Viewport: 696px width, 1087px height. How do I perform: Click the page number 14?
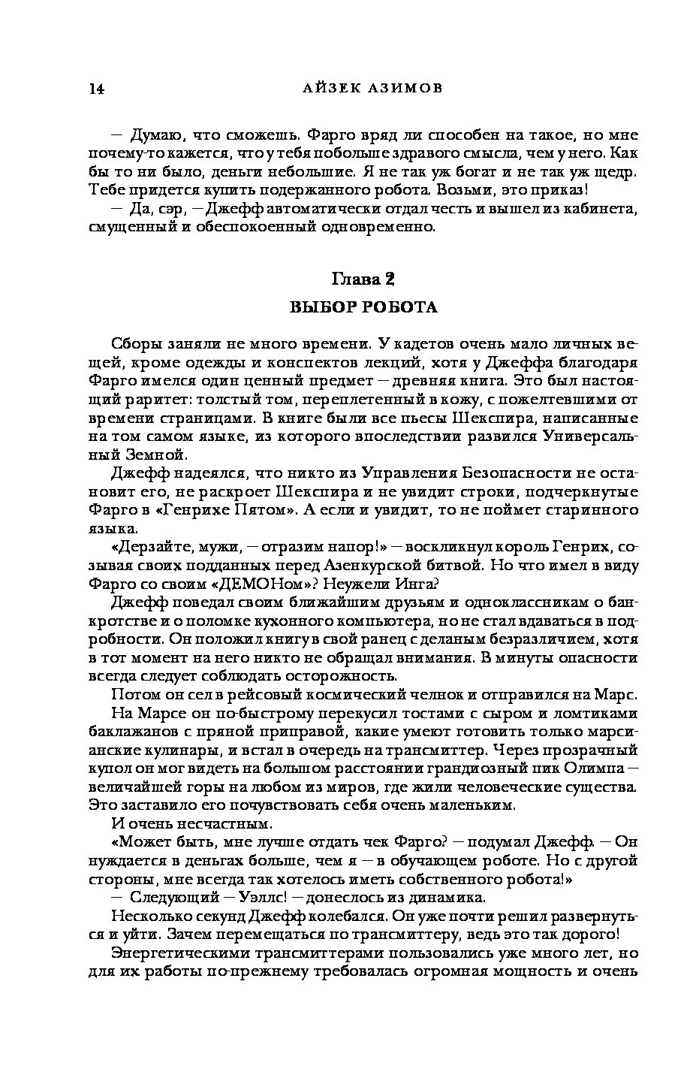click(95, 89)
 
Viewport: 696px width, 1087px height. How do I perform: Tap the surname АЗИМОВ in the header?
click(403, 88)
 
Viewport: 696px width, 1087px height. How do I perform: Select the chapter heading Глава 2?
click(363, 279)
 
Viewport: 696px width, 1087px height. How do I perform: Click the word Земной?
click(147, 454)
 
